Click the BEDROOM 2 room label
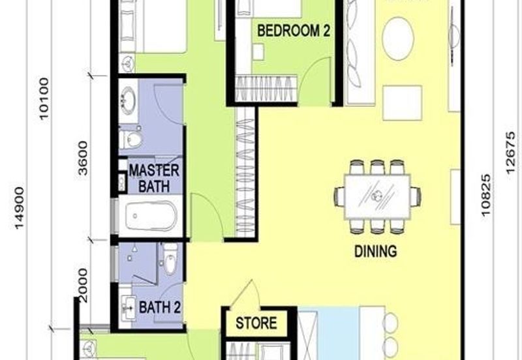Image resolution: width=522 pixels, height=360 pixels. pos(294,31)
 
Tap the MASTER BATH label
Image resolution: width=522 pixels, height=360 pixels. pos(154,178)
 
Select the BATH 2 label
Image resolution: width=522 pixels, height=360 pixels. pos(160,307)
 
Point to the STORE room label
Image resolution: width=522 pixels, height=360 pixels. pos(256,323)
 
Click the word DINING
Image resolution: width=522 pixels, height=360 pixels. pos(376,251)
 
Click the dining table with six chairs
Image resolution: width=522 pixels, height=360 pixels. pos(378,197)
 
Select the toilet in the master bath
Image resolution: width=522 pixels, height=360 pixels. pos(131,140)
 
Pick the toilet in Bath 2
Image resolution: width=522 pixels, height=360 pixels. pos(170,257)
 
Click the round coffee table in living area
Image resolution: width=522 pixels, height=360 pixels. pos(398,38)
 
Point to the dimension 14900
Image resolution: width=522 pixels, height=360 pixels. pos(20,208)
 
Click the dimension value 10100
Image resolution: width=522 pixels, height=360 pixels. pos(44,98)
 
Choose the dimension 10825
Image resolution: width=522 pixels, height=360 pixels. pos(485,195)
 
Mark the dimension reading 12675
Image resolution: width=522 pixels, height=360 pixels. pos(510,153)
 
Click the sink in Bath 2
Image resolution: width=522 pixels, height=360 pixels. pos(127,308)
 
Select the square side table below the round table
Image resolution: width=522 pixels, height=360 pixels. pos(403,103)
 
